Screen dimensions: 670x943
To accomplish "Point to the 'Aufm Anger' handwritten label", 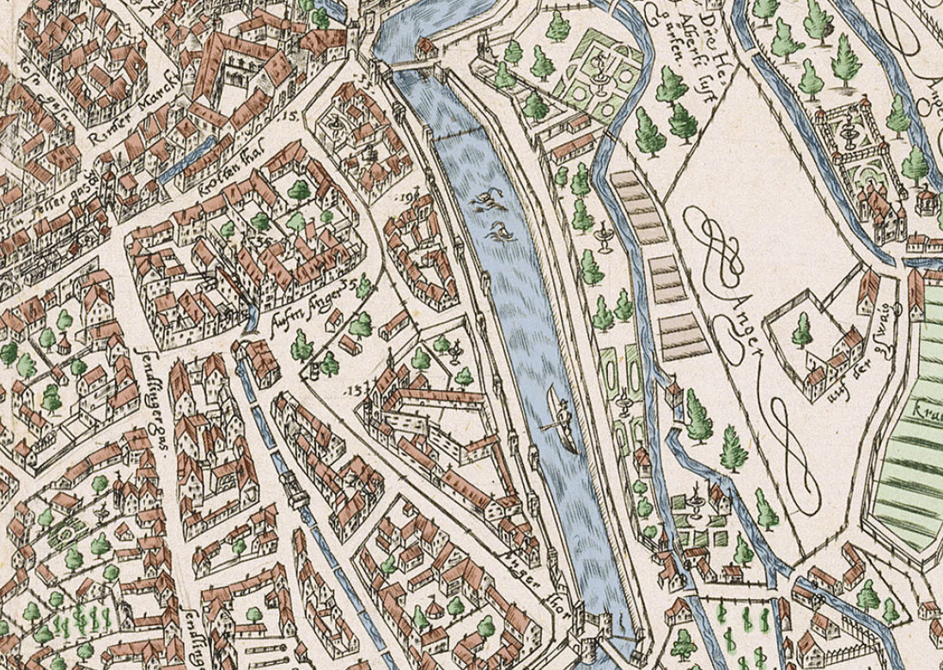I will [302, 301].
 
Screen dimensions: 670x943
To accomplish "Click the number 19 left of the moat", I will [407, 198].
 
